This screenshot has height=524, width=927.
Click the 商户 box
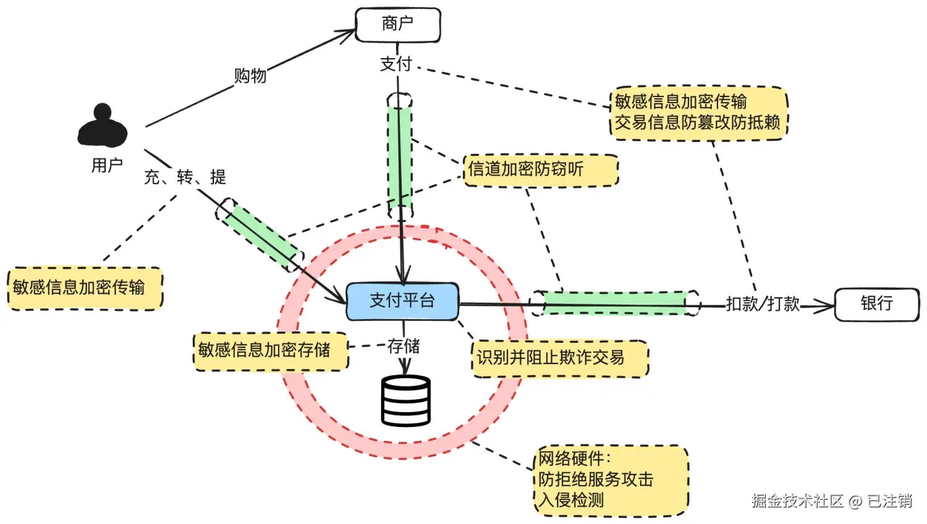pyautogui.click(x=398, y=25)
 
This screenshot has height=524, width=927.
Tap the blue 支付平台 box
pyautogui.click(x=402, y=302)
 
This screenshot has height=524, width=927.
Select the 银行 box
pyautogui.click(x=877, y=305)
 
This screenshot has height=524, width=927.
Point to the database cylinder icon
pyautogui.click(x=405, y=400)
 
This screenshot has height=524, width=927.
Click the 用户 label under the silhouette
pyautogui.click(x=107, y=165)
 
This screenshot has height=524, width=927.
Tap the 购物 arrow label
pyautogui.click(x=250, y=76)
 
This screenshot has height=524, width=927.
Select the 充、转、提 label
pyautogui.click(x=185, y=177)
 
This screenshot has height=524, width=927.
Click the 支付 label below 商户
pyautogui.click(x=396, y=64)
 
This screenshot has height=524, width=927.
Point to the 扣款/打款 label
pyautogui.click(x=763, y=304)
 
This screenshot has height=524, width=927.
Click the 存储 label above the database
pyautogui.click(x=404, y=347)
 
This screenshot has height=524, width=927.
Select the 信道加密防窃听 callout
pyautogui.click(x=541, y=170)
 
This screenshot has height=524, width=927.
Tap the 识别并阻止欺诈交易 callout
pyautogui.click(x=561, y=358)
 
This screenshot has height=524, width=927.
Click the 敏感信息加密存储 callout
pyautogui.click(x=271, y=352)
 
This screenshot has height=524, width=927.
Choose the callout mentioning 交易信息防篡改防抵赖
pyautogui.click(x=699, y=113)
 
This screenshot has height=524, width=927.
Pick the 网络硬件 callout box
pyautogui.click(x=611, y=481)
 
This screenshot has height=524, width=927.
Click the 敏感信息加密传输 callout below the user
pyautogui.click(x=85, y=289)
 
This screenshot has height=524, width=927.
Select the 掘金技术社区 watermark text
pyautogui.click(x=798, y=501)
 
